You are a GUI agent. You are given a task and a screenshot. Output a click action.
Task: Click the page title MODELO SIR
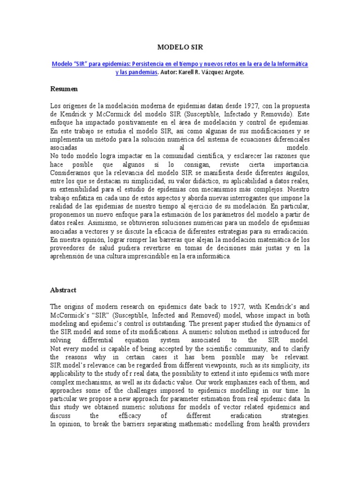(x=180, y=47)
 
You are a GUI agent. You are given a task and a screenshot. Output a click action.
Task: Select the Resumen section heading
(x=64, y=89)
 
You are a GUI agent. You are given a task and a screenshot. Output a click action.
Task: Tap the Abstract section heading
(x=63, y=290)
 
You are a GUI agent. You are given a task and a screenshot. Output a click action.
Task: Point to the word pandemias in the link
(x=144, y=73)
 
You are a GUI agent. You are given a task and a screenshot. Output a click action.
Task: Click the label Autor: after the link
(x=169, y=73)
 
